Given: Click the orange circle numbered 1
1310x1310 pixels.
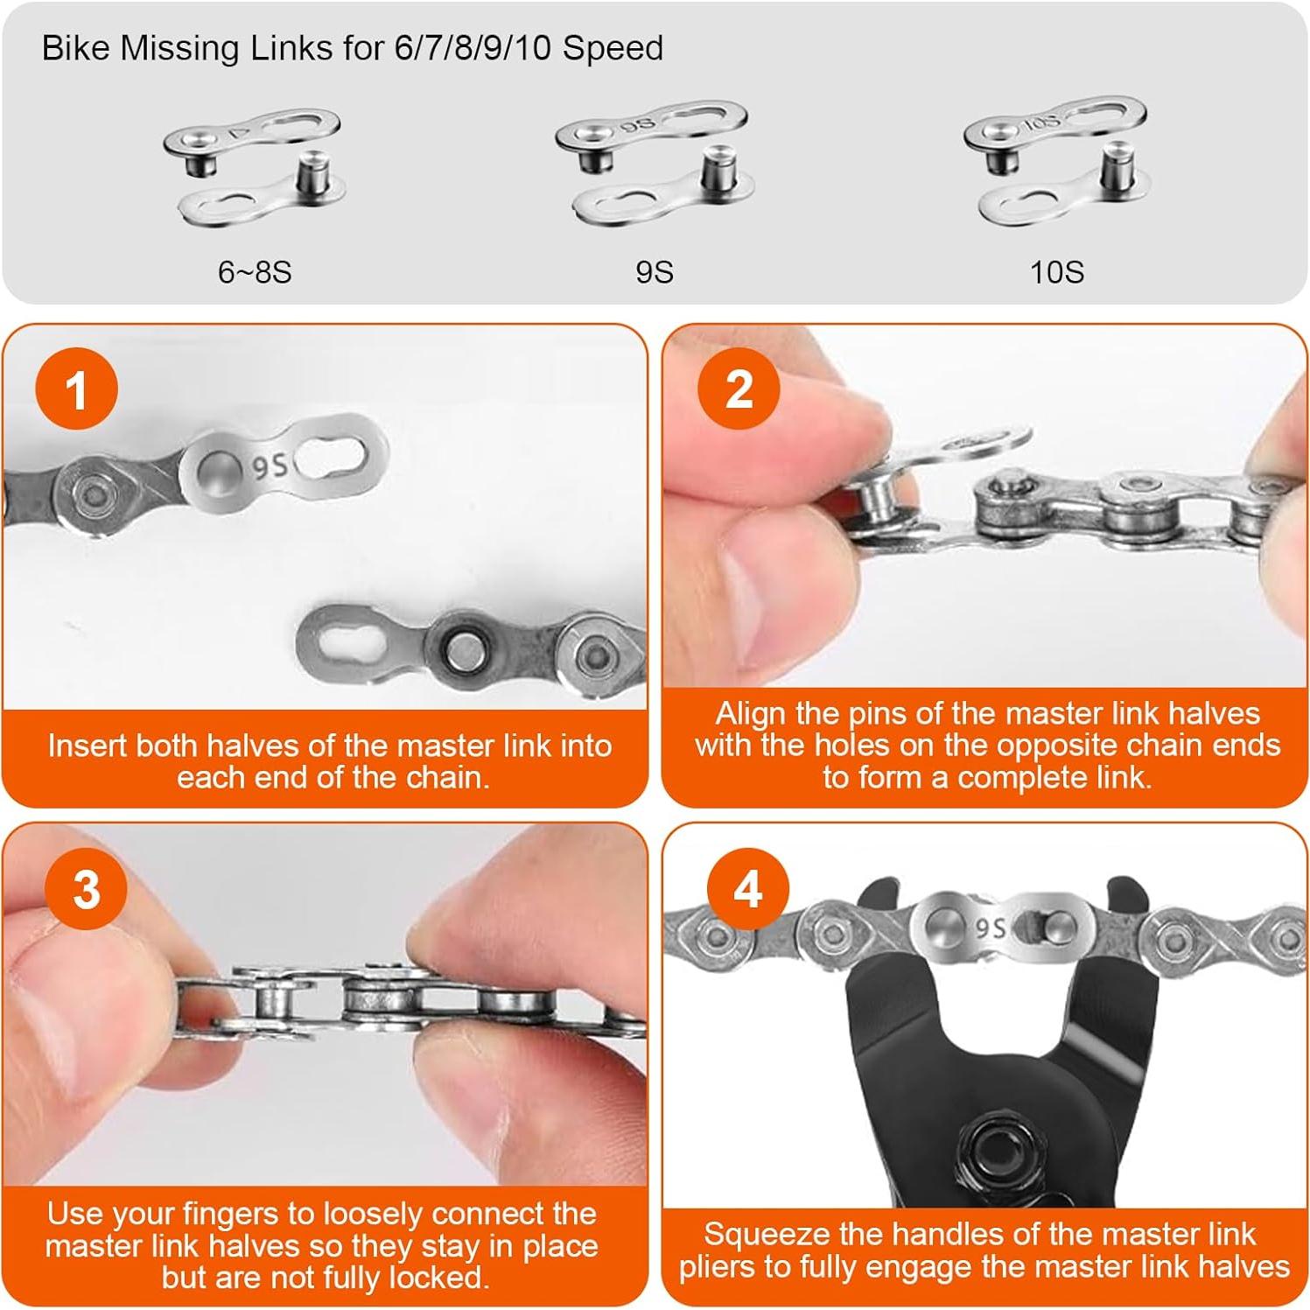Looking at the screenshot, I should click(77, 389).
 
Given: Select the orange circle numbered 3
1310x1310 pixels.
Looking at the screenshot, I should click(86, 890).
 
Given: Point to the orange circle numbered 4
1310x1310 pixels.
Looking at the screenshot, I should click(747, 890).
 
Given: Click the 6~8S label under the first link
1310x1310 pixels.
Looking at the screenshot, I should click(254, 272).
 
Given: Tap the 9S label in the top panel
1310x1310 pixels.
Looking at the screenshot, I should click(654, 272).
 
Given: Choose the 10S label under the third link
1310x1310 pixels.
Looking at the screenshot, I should click(1056, 272).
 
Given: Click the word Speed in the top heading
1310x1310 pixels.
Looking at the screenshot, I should click(612, 47).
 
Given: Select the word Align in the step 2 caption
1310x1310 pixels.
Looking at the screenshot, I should click(748, 713).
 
